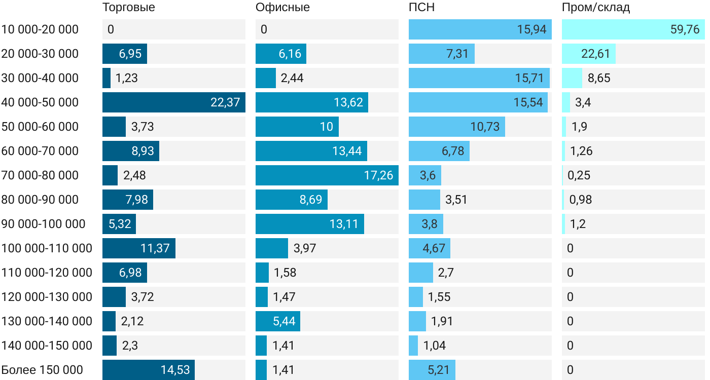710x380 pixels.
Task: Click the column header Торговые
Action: pos(128,8)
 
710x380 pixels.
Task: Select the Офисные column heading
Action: pos(282,8)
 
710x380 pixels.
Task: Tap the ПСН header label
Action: pos(421,8)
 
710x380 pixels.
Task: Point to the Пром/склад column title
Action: pos(596,8)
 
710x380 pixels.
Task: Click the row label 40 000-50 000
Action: pos(40,102)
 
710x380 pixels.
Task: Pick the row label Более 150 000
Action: pos(42,370)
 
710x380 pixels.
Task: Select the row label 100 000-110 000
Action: pos(47,248)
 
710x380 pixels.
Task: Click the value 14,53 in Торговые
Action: pos(175,370)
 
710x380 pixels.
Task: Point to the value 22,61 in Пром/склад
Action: pos(595,54)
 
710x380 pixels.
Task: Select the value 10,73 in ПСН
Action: pos(485,127)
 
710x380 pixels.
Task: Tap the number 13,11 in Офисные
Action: pos(344,224)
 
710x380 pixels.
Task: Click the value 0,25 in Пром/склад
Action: pos(579,175)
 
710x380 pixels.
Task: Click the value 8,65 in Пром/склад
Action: pos(599,78)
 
